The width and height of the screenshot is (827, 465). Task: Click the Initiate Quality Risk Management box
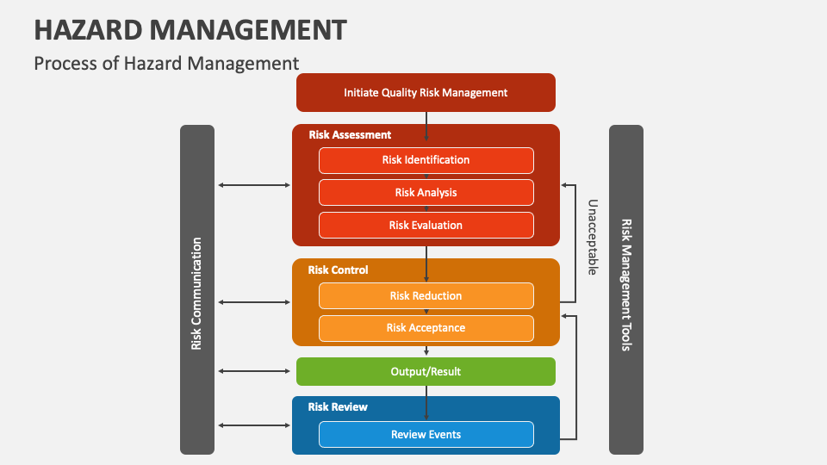click(x=426, y=93)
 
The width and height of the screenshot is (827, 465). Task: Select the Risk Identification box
click(x=426, y=160)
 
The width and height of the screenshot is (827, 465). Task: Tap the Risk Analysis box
click(x=426, y=193)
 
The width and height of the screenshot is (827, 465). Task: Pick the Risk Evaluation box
click(x=426, y=226)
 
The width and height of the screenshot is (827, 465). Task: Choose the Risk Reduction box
click(x=426, y=296)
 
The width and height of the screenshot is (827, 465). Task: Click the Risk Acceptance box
click(x=426, y=328)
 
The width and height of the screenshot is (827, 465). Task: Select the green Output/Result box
click(x=426, y=372)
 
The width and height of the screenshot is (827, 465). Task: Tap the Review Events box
click(x=426, y=435)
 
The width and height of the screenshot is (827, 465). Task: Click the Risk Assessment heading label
click(x=350, y=135)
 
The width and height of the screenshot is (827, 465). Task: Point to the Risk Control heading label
click(x=338, y=270)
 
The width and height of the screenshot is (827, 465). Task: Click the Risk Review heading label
click(x=338, y=407)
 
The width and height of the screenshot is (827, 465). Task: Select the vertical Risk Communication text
click(x=196, y=294)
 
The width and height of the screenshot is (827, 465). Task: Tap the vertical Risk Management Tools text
click(x=626, y=285)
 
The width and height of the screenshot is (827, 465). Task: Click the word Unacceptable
click(x=593, y=238)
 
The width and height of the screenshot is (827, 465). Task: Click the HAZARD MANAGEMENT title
click(x=190, y=30)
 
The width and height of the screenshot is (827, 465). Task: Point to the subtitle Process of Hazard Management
click(x=166, y=63)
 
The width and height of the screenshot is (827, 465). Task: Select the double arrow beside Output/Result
click(x=255, y=372)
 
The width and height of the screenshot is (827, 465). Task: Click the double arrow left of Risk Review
click(x=255, y=425)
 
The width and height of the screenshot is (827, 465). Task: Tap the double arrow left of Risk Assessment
click(x=255, y=185)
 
